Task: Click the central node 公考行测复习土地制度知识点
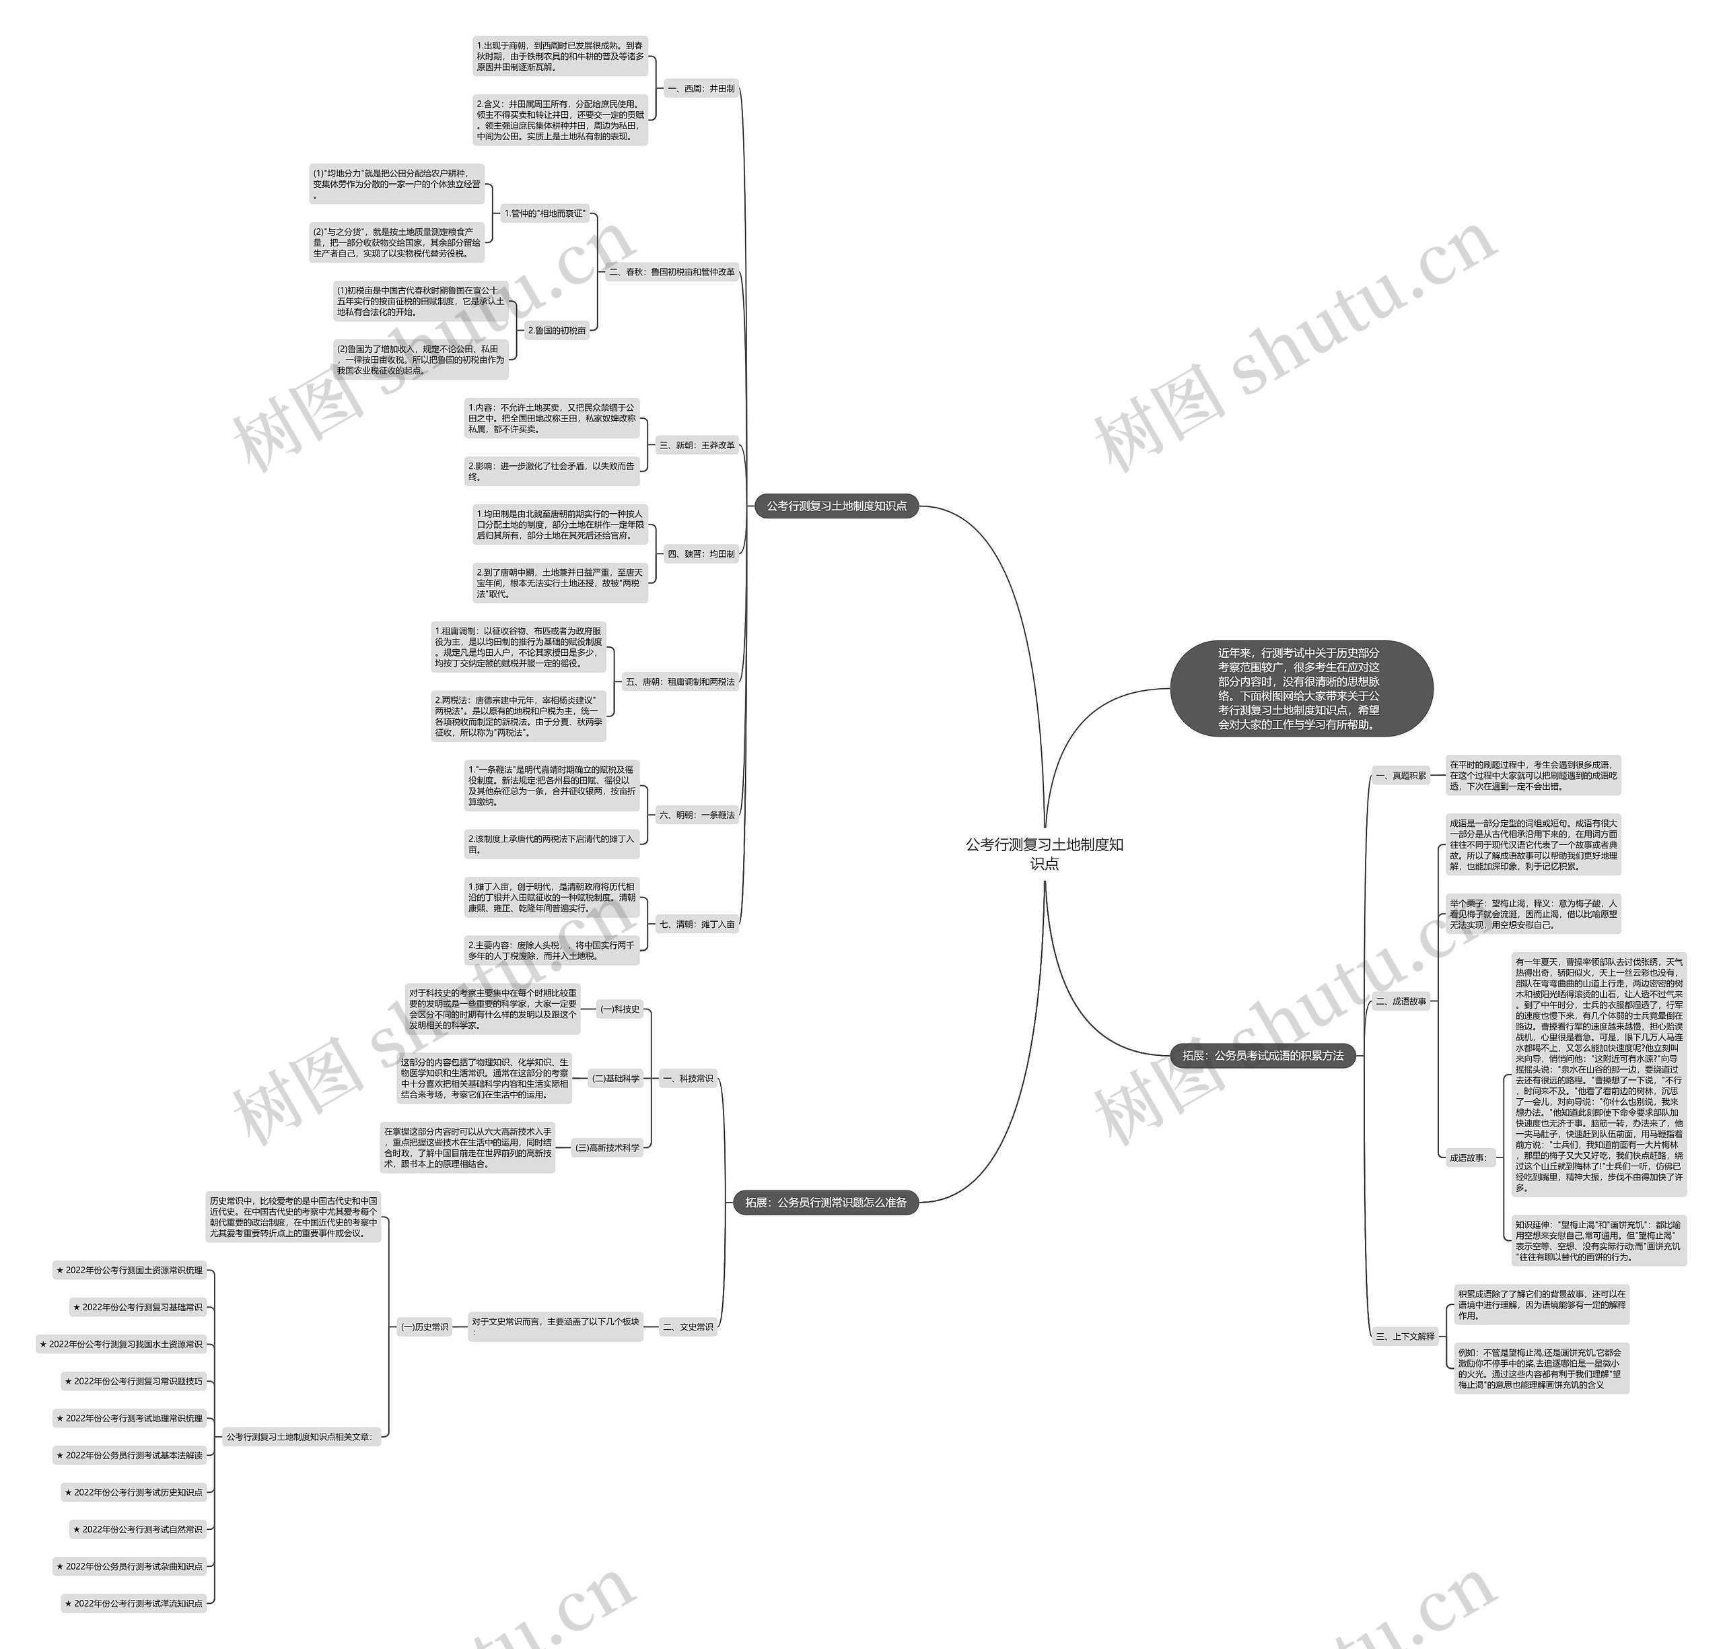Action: point(1044,854)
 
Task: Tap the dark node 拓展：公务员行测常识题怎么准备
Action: point(825,1202)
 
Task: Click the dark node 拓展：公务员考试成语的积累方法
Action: point(1263,1055)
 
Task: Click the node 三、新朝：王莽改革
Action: point(697,445)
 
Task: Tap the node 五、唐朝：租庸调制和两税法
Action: point(679,681)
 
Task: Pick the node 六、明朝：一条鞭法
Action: point(696,815)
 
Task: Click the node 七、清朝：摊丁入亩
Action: point(697,924)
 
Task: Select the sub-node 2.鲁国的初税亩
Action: point(556,331)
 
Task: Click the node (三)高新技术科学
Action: point(607,1147)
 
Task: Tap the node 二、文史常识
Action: point(688,1326)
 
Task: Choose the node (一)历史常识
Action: point(425,1326)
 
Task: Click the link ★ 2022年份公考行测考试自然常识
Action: point(138,1528)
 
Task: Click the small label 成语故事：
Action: point(1467,1157)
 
